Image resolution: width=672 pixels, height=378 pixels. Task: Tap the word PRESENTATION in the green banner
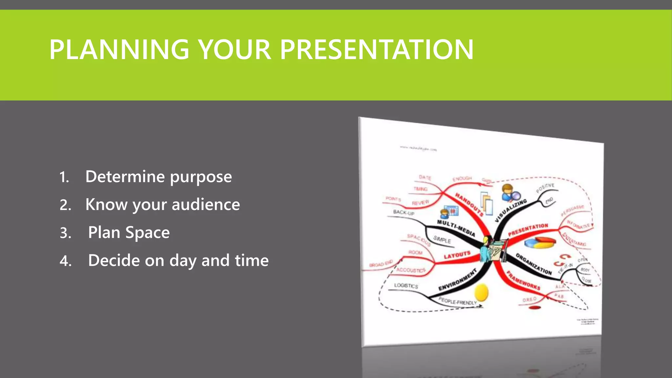(376, 50)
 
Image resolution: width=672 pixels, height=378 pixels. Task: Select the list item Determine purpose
(158, 177)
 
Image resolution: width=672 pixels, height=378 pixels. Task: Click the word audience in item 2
(206, 205)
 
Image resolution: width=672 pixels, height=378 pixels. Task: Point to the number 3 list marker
(65, 233)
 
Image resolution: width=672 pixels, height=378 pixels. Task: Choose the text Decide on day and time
(178, 261)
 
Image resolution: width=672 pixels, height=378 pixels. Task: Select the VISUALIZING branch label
(511, 210)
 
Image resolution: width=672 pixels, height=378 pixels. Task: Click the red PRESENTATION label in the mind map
(528, 230)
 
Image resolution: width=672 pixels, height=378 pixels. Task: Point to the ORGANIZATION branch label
(534, 264)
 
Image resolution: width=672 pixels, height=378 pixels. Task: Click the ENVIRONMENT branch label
(457, 280)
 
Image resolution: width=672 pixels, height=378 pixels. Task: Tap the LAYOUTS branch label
(457, 255)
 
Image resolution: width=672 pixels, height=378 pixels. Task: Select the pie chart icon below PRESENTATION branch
(540, 243)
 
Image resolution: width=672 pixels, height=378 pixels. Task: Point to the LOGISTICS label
(406, 286)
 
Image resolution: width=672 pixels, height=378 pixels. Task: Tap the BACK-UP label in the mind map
(404, 213)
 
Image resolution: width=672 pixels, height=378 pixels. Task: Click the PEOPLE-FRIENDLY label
(457, 301)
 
